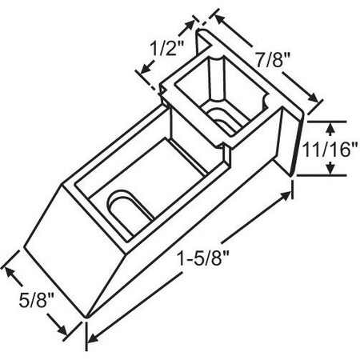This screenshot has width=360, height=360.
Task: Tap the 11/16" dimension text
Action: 330,149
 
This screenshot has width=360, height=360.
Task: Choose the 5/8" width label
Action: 34,302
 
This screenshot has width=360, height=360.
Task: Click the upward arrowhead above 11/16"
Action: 330,126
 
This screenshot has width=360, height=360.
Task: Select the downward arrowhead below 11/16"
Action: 330,170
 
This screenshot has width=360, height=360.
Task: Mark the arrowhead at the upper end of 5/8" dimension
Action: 10,269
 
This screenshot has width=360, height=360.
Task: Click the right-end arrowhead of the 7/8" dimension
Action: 318,101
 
